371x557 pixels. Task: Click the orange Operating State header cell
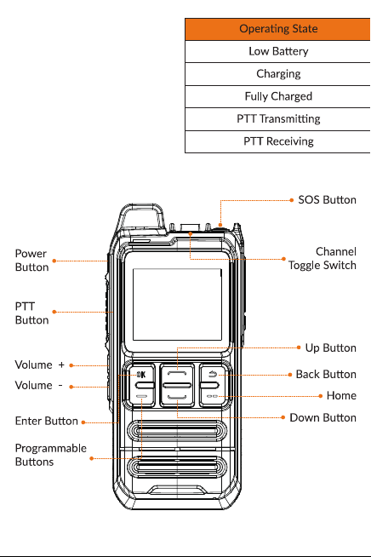click(x=277, y=29)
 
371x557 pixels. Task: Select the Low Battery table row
click(x=277, y=51)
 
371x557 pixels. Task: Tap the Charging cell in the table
click(x=277, y=74)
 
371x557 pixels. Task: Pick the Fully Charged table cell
click(x=277, y=96)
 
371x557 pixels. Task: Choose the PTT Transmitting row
click(x=277, y=119)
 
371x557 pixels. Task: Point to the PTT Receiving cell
click(x=277, y=141)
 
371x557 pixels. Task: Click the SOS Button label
click(x=327, y=200)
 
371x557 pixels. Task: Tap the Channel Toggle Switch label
click(x=322, y=259)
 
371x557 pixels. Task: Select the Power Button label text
click(x=31, y=261)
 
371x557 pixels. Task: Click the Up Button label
click(x=330, y=347)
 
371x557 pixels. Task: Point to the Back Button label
click(x=326, y=375)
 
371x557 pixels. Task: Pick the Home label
click(x=341, y=396)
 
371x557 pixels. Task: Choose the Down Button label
click(x=322, y=417)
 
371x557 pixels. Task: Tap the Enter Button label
click(x=47, y=421)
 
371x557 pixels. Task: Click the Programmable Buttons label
click(x=51, y=455)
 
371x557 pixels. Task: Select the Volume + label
click(x=40, y=365)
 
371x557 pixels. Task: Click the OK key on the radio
click(x=141, y=375)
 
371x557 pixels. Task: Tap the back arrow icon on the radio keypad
click(x=213, y=374)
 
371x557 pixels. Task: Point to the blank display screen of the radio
click(x=177, y=304)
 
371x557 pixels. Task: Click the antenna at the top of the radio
click(x=141, y=217)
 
